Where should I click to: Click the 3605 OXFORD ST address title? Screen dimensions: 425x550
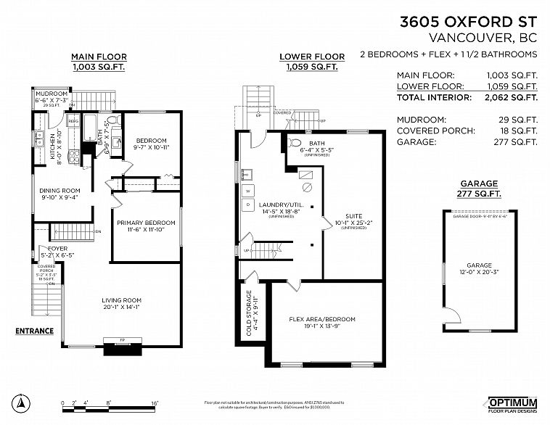point(469,22)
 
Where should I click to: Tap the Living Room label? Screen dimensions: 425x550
point(121,300)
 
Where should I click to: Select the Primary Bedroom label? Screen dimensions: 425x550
point(147,222)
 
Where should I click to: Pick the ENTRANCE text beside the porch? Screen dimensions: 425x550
point(35,331)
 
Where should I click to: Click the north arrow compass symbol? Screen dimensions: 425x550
point(22,403)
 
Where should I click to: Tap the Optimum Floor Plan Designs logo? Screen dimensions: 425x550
point(509,403)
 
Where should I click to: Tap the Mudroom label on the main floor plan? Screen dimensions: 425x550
point(52,94)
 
